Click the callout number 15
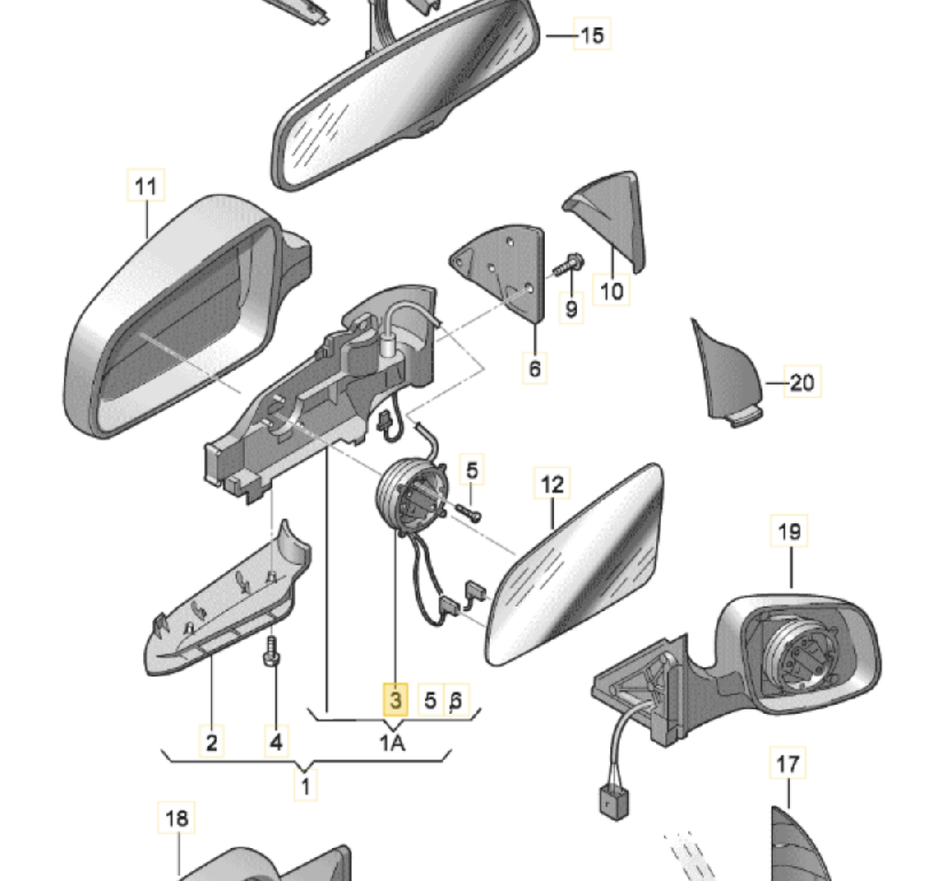point(593,36)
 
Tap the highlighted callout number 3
point(395,701)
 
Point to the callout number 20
point(801,381)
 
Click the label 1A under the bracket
point(392,742)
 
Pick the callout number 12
point(553,485)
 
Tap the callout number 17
point(788,764)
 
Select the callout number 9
point(572,309)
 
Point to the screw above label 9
point(565,265)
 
